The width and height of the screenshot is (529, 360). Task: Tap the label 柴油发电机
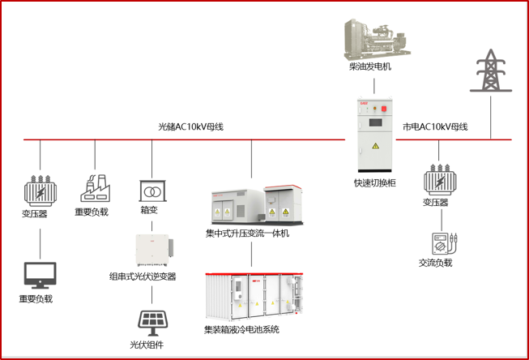point(369,66)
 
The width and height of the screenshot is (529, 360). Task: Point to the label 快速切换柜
point(375,183)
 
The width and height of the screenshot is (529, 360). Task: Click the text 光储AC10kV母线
point(190,127)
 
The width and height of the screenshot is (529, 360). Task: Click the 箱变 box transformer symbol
point(151,191)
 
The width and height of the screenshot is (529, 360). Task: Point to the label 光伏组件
point(147,345)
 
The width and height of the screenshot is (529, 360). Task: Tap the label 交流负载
point(436,263)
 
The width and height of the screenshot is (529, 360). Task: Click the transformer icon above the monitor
point(37,190)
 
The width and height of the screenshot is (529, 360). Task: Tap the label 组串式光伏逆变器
point(143,276)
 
